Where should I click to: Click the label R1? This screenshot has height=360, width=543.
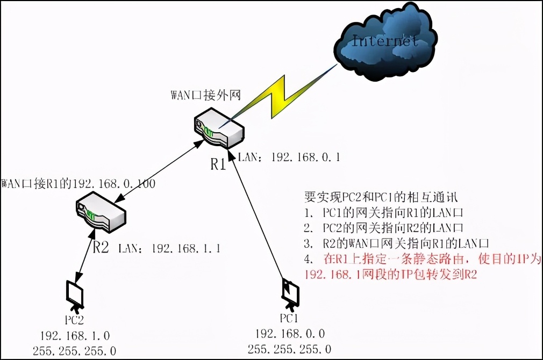tap(218, 163)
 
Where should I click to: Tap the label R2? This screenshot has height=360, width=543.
tap(101, 248)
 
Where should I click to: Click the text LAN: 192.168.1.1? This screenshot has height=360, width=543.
tap(168, 248)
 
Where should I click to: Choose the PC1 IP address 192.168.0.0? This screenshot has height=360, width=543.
tap(290, 334)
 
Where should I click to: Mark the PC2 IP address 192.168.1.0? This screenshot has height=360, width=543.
tap(75, 336)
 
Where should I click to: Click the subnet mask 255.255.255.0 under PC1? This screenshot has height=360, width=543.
tap(290, 349)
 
